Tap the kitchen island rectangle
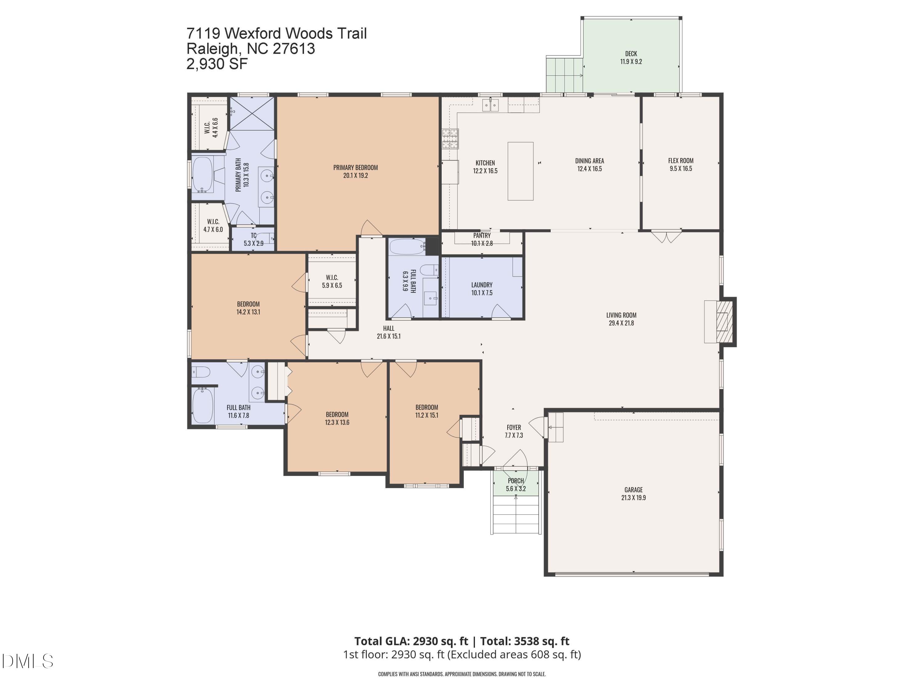pyautogui.click(x=520, y=171)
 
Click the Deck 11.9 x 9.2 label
pyautogui.click(x=631, y=58)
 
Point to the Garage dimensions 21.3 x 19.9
pyautogui.click(x=633, y=497)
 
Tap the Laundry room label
pyautogui.click(x=482, y=289)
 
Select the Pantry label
pyautogui.click(x=482, y=236)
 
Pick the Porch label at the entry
pyautogui.click(x=516, y=481)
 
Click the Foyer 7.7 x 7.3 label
pyautogui.click(x=514, y=431)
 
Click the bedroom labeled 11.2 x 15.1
pyautogui.click(x=427, y=411)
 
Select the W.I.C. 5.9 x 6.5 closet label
pyautogui.click(x=332, y=281)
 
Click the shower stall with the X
pyautogui.click(x=252, y=113)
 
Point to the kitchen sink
pyautogui.click(x=490, y=105)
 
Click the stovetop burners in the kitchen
pyautogui.click(x=450, y=139)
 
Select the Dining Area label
pyautogui.click(x=590, y=164)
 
